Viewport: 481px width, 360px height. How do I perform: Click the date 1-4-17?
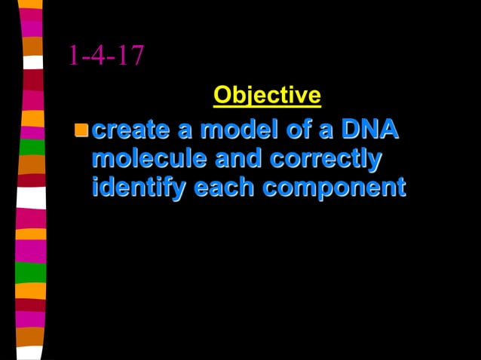[106, 56]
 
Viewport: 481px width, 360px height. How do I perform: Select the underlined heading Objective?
[267, 95]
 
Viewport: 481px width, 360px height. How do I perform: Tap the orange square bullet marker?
[80, 130]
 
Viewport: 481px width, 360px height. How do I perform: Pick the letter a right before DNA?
[326, 130]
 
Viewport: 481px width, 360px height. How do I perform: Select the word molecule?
[149, 158]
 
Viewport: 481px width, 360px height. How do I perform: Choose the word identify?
[139, 187]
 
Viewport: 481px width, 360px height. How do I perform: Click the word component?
[334, 188]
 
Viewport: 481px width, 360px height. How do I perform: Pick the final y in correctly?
[372, 160]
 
